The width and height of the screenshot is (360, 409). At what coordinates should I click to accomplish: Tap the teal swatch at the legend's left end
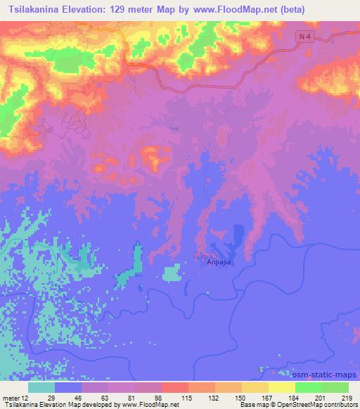pyautogui.click(x=41, y=387)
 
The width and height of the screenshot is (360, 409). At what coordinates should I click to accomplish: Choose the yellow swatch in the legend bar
pyautogui.click(x=281, y=387)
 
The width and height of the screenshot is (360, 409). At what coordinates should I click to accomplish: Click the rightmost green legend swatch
pyautogui.click(x=335, y=387)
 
